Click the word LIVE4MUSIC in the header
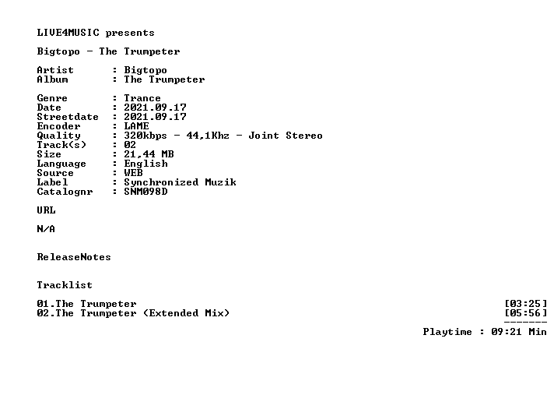(68, 33)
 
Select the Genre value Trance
(142, 98)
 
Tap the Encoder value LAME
(136, 126)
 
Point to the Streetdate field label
(68, 117)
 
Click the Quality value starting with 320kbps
(223, 136)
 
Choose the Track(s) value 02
(130, 145)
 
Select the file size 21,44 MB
(149, 154)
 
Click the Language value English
(146, 164)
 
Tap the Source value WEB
(133, 173)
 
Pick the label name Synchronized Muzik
(180, 182)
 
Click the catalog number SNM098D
(146, 192)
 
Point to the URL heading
(46, 210)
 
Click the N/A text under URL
(46, 229)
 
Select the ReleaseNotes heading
(74, 257)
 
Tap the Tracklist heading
(65, 285)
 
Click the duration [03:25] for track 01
(525, 304)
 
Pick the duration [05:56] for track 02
(525, 313)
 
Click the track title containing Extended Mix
(133, 313)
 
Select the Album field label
(52, 79)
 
